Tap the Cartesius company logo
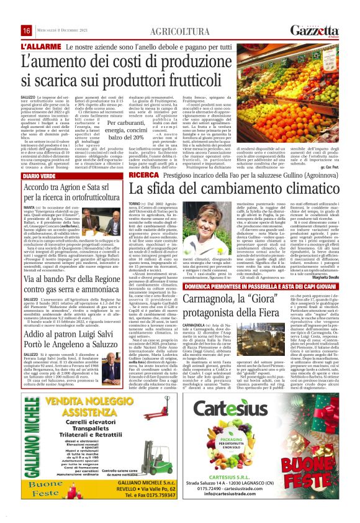click(x=249, y=409)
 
